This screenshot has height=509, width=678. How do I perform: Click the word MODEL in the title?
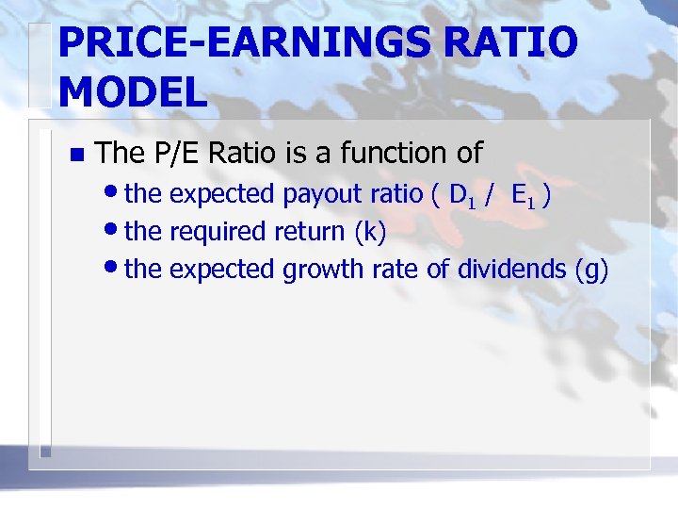pos(133,91)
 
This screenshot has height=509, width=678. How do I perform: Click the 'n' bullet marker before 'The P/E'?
pos(76,153)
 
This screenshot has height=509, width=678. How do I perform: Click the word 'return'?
pos(311,232)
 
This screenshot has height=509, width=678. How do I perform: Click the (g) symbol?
pos(591,270)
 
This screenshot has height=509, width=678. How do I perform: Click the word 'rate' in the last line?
pos(395,270)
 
